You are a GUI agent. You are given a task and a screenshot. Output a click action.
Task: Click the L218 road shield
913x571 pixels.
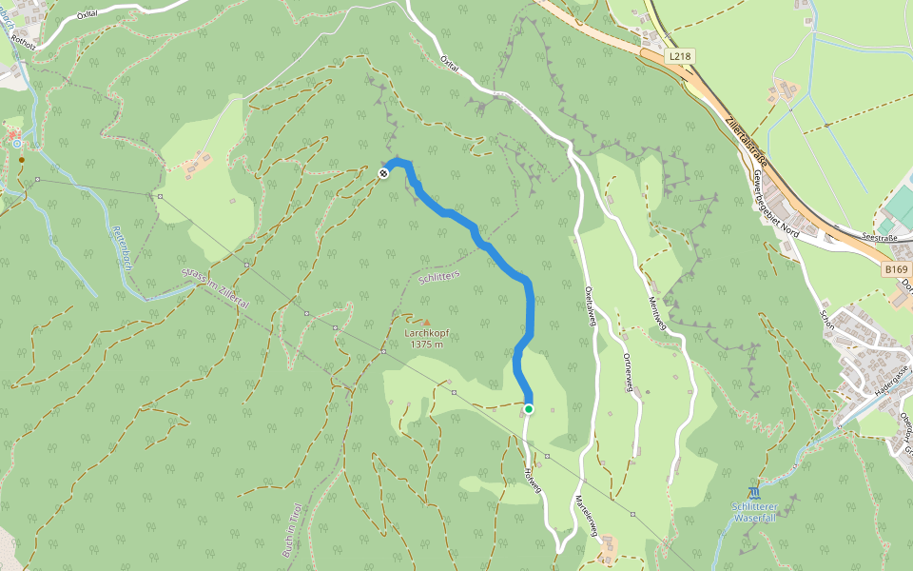click(x=680, y=57)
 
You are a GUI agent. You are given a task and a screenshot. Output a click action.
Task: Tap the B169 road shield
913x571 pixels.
click(x=895, y=270)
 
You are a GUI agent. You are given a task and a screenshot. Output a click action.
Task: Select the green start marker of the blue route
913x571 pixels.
click(x=529, y=409)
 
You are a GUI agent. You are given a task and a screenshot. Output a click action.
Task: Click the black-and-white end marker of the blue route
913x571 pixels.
click(x=382, y=173)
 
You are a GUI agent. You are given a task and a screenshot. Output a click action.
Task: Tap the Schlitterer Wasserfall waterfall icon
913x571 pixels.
click(x=754, y=492)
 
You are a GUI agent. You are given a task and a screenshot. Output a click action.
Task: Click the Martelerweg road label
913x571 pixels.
click(x=585, y=515)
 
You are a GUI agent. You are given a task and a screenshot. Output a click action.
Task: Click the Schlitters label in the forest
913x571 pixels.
click(x=438, y=276)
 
